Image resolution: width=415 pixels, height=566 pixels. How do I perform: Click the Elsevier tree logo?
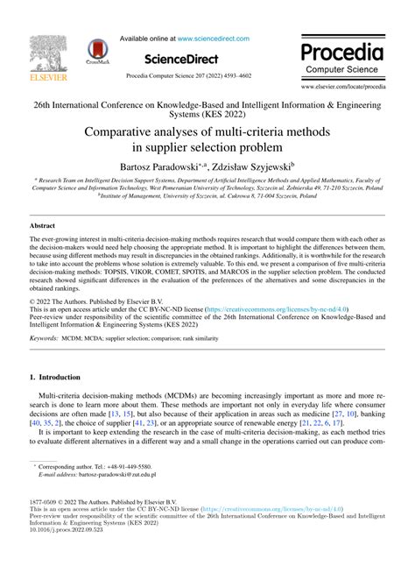pos(44,57)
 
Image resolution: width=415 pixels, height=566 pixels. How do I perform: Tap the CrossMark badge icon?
pos(94,54)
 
